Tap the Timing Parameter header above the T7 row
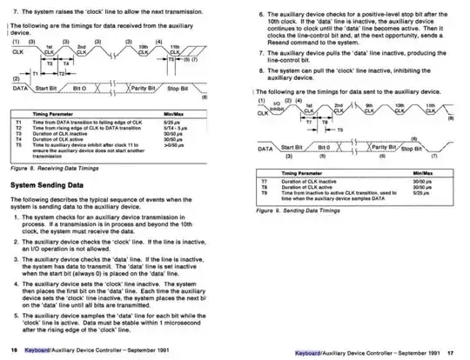pyautogui.click(x=301, y=174)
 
